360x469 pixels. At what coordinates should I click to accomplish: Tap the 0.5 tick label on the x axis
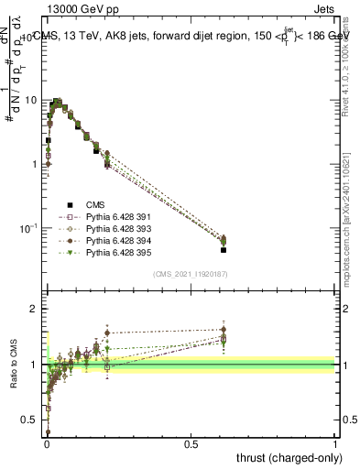191,442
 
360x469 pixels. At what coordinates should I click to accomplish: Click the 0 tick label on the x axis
47,442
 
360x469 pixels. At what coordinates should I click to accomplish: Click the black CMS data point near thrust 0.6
224,249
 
